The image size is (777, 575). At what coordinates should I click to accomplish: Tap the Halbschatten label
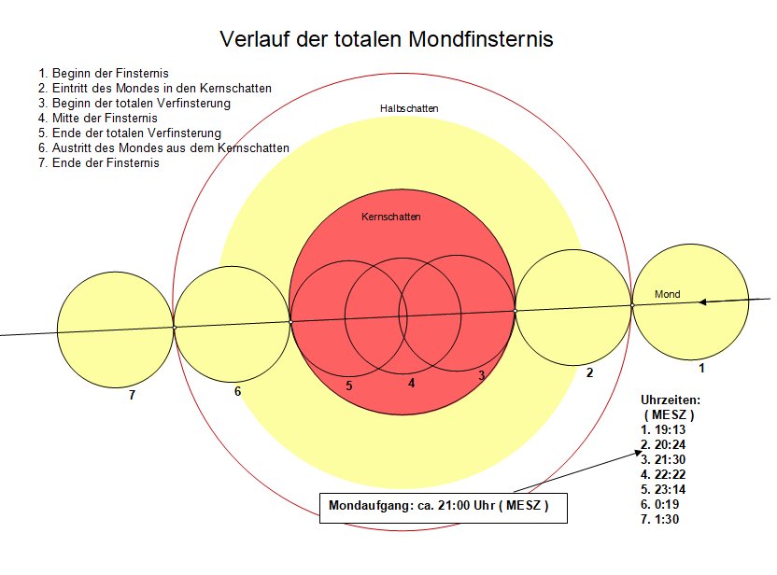pyautogui.click(x=409, y=108)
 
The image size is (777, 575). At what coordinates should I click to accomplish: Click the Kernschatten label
pyautogui.click(x=391, y=217)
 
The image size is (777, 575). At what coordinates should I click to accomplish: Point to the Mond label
pyautogui.click(x=668, y=294)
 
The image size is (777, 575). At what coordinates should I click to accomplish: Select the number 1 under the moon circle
pyautogui.click(x=701, y=368)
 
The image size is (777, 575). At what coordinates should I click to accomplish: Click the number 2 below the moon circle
pyautogui.click(x=589, y=373)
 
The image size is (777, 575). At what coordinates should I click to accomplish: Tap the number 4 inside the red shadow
pyautogui.click(x=411, y=384)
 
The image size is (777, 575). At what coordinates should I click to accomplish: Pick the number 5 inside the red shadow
pyautogui.click(x=349, y=386)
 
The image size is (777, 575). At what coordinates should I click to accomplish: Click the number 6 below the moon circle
pyautogui.click(x=238, y=392)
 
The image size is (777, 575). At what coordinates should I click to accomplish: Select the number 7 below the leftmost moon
pyautogui.click(x=132, y=395)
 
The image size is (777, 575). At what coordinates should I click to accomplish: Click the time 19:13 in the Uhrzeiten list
pyautogui.click(x=670, y=430)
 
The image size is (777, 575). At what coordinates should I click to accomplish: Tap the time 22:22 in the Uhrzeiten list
pyautogui.click(x=670, y=474)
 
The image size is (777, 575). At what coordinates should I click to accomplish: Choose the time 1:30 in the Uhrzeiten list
pyautogui.click(x=667, y=520)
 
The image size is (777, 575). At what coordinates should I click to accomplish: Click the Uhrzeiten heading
pyautogui.click(x=671, y=400)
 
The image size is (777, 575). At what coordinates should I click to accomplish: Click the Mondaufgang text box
pyautogui.click(x=443, y=508)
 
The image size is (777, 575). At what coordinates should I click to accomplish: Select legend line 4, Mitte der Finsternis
pyautogui.click(x=98, y=119)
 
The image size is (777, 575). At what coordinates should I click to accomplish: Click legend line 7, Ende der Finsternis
pyautogui.click(x=99, y=163)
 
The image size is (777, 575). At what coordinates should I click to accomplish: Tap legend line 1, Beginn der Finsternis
pyautogui.click(x=103, y=74)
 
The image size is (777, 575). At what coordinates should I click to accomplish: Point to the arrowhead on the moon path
pyautogui.click(x=702, y=302)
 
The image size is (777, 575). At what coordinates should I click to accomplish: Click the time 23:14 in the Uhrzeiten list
pyautogui.click(x=670, y=490)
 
